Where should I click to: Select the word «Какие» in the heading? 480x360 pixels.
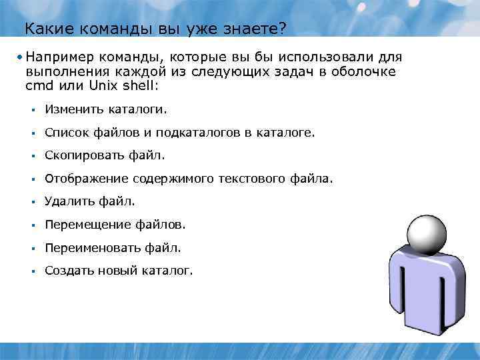(x=44, y=29)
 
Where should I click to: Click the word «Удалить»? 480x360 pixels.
(x=68, y=201)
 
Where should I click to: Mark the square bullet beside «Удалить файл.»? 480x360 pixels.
(x=31, y=202)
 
